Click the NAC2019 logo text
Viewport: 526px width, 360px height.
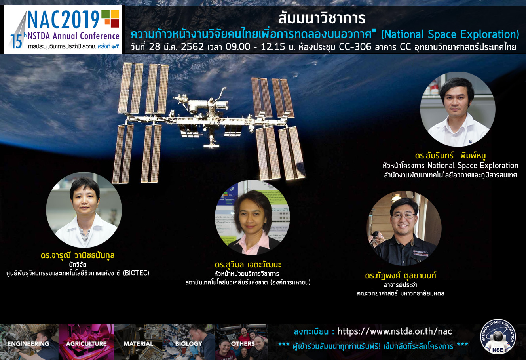[63, 19]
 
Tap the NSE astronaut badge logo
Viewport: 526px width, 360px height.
[498, 337]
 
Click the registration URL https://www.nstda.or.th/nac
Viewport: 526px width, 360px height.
[395, 331]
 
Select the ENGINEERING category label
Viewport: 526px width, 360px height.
[28, 343]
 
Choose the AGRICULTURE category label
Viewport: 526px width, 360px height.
[86, 343]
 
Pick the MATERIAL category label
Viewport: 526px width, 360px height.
[138, 343]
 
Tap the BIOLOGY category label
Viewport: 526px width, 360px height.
[188, 343]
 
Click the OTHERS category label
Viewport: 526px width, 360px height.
[243, 343]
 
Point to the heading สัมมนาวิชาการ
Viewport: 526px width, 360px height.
[322, 18]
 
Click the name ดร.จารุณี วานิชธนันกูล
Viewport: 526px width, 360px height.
[78, 255]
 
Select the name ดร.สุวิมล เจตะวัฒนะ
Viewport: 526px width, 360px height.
[248, 265]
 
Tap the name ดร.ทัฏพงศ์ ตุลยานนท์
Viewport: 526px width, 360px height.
[401, 275]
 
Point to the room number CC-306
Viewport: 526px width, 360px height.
[355, 47]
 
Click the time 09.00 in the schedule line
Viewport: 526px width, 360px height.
[238, 47]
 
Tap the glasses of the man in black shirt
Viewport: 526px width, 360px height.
[403, 216]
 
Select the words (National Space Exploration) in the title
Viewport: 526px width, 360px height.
[450, 34]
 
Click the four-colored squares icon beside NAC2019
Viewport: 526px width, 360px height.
[110, 19]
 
